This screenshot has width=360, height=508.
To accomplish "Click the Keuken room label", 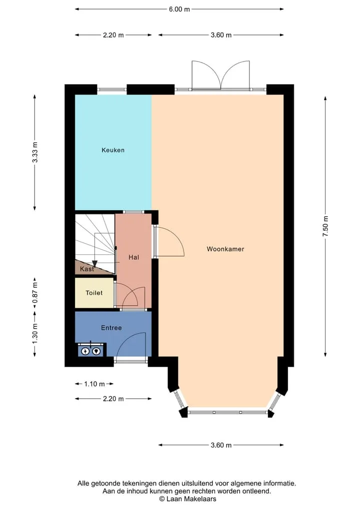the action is (x=113, y=150).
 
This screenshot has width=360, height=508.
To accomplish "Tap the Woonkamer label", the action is (x=225, y=249).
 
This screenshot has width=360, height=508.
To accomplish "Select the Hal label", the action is (x=133, y=257).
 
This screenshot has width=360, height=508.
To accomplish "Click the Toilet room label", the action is (x=94, y=293).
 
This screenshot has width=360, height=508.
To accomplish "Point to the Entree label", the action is (x=111, y=328).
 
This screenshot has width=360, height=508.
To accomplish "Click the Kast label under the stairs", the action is (x=87, y=269).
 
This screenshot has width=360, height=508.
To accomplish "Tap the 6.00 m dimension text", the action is (x=179, y=9).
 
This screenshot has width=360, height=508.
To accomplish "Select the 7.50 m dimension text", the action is (x=325, y=226).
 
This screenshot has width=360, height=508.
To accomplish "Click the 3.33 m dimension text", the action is (x=35, y=152).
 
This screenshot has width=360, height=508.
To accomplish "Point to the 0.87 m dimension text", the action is (x=35, y=293).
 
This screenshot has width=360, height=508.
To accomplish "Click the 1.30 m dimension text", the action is (x=35, y=334).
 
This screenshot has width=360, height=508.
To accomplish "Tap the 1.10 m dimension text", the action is (x=94, y=384).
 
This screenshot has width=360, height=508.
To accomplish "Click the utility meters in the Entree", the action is (x=90, y=351).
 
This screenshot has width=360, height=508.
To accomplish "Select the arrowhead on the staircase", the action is (x=94, y=263).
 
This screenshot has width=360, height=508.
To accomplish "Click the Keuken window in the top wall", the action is (x=112, y=90).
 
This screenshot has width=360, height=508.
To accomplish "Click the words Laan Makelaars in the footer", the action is (x=191, y=499).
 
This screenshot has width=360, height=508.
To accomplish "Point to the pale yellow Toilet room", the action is (x=94, y=293).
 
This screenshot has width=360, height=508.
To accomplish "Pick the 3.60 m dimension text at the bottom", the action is (x=221, y=445).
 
